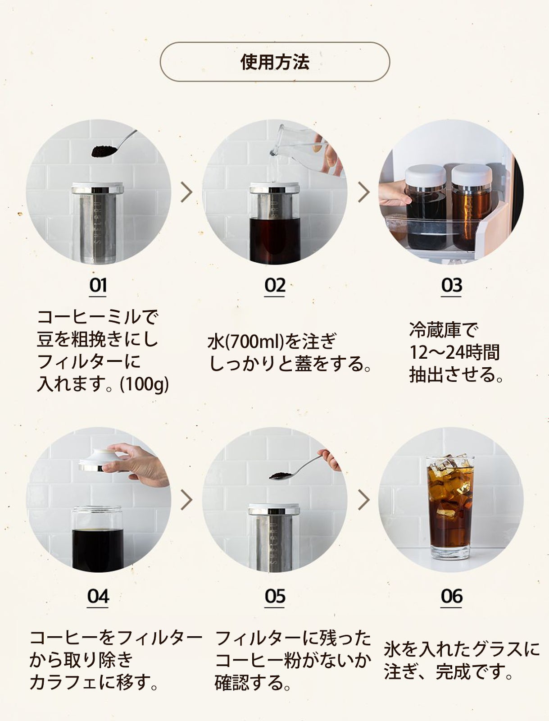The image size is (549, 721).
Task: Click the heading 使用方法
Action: tap(275, 62)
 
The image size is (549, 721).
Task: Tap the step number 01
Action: tap(98, 285)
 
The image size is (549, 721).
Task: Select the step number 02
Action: tap(275, 285)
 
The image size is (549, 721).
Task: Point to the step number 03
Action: tap(451, 285)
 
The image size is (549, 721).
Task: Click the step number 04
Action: tap(98, 596)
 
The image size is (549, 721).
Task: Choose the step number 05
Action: tap(275, 596)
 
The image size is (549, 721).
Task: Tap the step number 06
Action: tap(451, 596)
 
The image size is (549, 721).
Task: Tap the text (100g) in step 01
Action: tap(144, 384)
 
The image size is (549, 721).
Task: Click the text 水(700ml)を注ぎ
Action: tap(272, 341)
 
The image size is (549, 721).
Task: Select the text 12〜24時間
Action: tap(454, 352)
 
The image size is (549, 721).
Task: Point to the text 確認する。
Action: tap(253, 683)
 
